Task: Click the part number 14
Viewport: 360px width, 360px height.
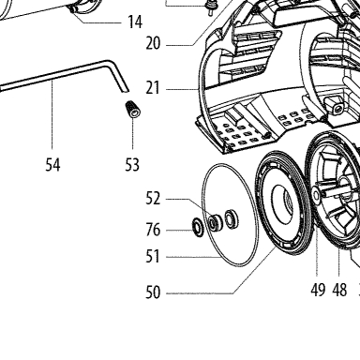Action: (135, 22)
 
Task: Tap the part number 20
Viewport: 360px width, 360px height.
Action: (153, 43)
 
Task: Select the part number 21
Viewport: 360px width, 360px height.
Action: (153, 88)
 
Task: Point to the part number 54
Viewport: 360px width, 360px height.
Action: (52, 165)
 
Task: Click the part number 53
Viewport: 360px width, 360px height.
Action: (132, 165)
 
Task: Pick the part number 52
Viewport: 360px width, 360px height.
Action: (153, 199)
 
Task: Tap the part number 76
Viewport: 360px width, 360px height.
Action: (153, 230)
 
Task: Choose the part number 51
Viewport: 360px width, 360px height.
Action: (153, 257)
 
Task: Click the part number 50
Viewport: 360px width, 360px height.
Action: (153, 292)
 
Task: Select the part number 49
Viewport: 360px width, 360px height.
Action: (318, 290)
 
